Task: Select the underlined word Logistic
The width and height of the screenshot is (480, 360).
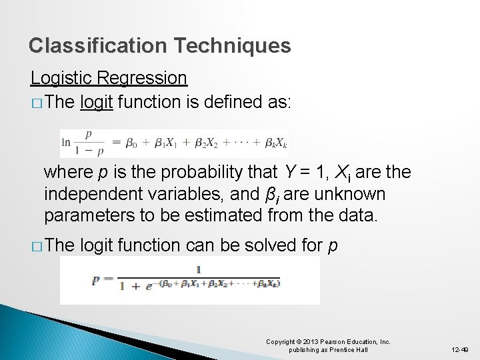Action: pyautogui.click(x=62, y=79)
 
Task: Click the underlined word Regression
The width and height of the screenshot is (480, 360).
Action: pyautogui.click(x=142, y=79)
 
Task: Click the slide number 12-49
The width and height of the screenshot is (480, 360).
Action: pyautogui.click(x=459, y=349)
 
